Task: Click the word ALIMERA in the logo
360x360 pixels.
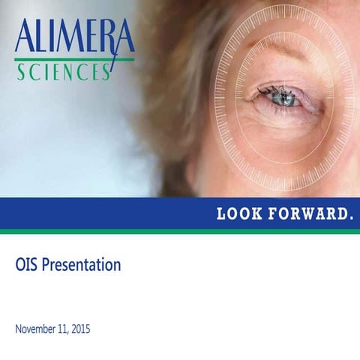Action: [73, 37]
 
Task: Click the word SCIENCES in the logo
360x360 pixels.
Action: [64, 72]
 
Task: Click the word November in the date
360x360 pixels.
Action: [35, 329]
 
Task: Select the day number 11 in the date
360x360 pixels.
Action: [63, 329]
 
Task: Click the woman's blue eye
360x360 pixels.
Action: [283, 97]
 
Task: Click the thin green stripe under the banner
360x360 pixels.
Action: [180, 231]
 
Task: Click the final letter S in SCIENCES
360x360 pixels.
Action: [107, 73]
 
